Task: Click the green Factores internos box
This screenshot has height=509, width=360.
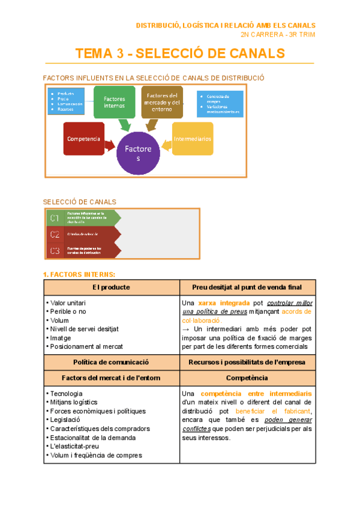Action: click(114, 102)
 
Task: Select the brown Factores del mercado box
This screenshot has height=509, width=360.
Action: click(162, 102)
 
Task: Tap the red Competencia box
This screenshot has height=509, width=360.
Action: click(83, 139)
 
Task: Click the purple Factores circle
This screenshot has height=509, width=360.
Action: click(139, 152)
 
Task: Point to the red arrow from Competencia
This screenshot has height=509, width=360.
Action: click(110, 145)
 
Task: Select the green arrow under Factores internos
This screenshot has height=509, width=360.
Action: click(125, 124)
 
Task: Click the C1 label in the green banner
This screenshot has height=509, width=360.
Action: click(55, 217)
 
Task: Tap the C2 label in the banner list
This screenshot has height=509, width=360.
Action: click(55, 233)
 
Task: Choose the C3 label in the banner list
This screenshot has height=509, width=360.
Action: click(55, 250)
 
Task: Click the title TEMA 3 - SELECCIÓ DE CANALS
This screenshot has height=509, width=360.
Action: click(180, 53)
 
